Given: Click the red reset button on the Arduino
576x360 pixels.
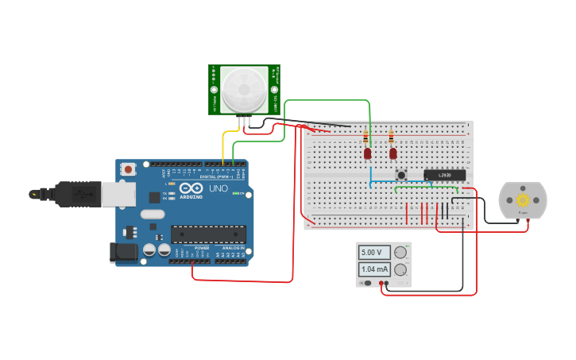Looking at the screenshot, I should click(x=128, y=169).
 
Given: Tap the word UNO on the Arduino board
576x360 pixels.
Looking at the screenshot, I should click(x=218, y=189).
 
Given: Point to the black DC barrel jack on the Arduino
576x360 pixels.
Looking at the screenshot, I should click(x=123, y=253).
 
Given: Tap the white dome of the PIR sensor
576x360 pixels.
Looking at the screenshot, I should click(x=244, y=89).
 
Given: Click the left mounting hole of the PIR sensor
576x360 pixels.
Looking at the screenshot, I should click(x=215, y=90).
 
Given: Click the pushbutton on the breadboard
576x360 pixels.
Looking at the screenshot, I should click(x=402, y=175).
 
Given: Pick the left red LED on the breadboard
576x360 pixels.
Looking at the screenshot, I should click(x=368, y=153).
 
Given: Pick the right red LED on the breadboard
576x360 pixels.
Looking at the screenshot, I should click(x=392, y=153).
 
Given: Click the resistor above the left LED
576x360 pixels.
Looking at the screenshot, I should click(x=366, y=136).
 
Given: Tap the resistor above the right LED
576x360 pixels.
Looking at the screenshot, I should click(x=391, y=136).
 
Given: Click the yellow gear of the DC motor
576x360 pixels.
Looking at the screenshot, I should click(x=523, y=200).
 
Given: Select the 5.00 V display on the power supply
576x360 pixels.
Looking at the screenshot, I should click(x=374, y=253).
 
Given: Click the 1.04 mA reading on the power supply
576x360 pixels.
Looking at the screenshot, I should click(x=374, y=269).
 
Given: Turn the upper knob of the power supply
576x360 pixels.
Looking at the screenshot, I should click(x=400, y=253).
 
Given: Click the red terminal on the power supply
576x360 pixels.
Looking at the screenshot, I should click(x=382, y=283).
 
